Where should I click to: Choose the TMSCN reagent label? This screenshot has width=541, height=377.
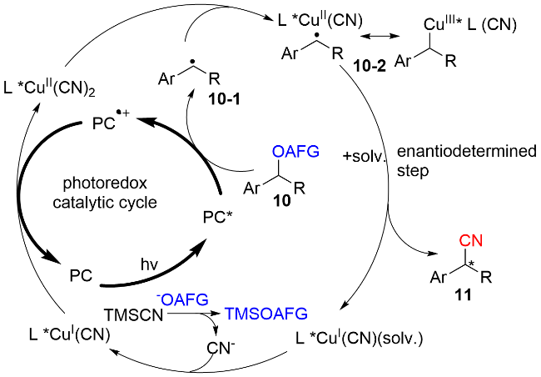pyautogui.click(x=128, y=318)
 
